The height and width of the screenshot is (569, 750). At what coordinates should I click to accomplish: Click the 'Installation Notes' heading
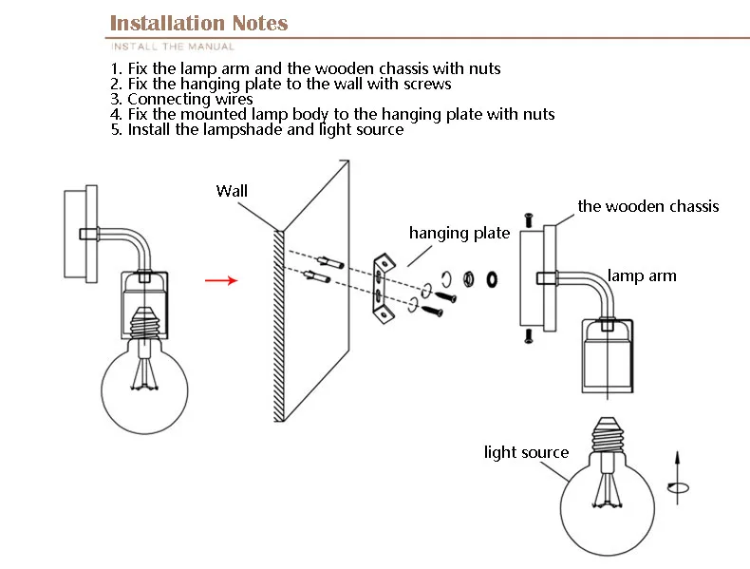198,23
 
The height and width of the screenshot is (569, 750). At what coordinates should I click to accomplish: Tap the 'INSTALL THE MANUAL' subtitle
172,46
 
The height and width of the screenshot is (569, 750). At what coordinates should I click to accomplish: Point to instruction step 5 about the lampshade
257,129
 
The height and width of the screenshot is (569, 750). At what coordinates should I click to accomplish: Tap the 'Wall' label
232,191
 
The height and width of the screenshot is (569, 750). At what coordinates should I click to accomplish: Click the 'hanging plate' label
459,233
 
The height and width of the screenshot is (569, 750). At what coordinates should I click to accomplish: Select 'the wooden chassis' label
648,206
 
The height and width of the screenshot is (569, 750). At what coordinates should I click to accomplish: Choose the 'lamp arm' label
642,275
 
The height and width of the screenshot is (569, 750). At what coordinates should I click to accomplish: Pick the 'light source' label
526,452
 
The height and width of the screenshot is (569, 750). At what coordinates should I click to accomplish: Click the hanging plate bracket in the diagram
381,282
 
